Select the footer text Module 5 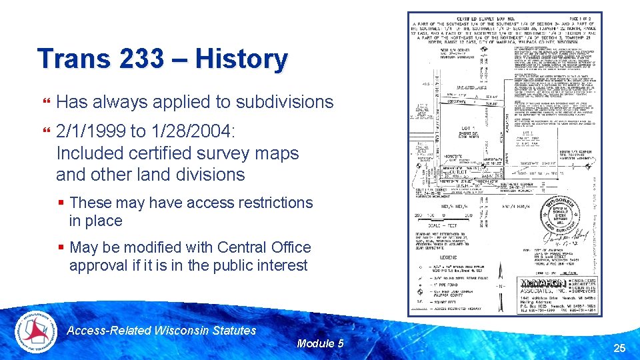(320, 343)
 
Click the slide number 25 (619, 347)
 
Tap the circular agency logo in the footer (37, 331)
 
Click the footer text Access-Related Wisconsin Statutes (162, 331)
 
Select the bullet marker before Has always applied (45, 102)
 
